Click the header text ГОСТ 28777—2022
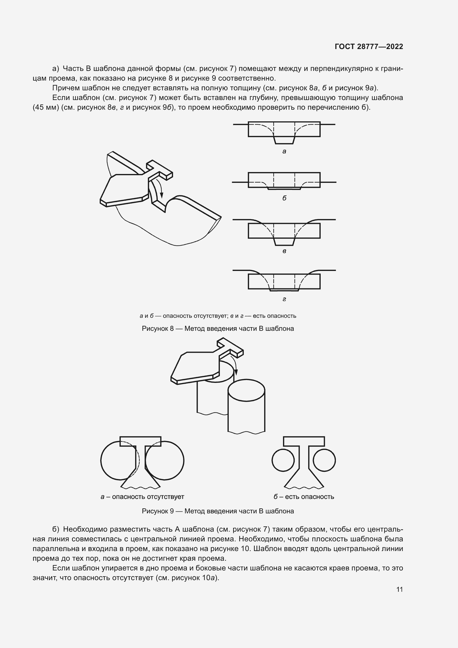point(369,47)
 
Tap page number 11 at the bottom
point(399,589)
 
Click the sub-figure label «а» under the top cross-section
point(284,152)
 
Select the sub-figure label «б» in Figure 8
point(284,198)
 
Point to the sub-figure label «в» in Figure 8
point(284,251)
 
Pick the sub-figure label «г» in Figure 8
point(284,299)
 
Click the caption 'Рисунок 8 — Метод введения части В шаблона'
point(218,329)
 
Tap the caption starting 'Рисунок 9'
point(218,511)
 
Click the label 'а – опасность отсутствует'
point(142,497)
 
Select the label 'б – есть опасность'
point(304,497)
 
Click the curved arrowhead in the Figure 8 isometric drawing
point(162,195)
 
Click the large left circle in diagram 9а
point(101,460)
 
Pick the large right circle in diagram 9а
point(184,460)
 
